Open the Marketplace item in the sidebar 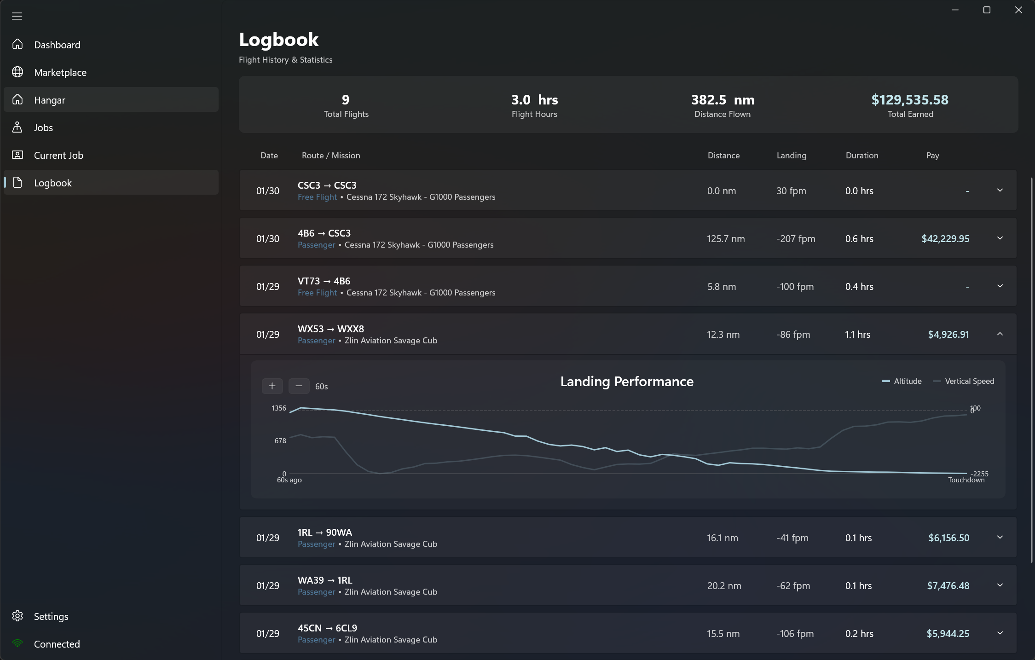point(60,72)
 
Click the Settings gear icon point(17,616)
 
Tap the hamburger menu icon point(17,16)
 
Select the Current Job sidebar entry point(58,155)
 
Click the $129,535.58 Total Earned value point(909,99)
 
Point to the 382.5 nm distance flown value point(722,99)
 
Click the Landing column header point(791,156)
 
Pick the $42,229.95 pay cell point(945,238)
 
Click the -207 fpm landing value point(795,238)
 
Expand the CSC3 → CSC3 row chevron point(1000,190)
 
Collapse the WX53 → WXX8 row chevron point(1000,334)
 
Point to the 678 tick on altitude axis point(280,440)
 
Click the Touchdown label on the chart point(966,480)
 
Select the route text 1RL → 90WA point(324,532)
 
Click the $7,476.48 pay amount point(948,585)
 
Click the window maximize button point(987,10)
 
